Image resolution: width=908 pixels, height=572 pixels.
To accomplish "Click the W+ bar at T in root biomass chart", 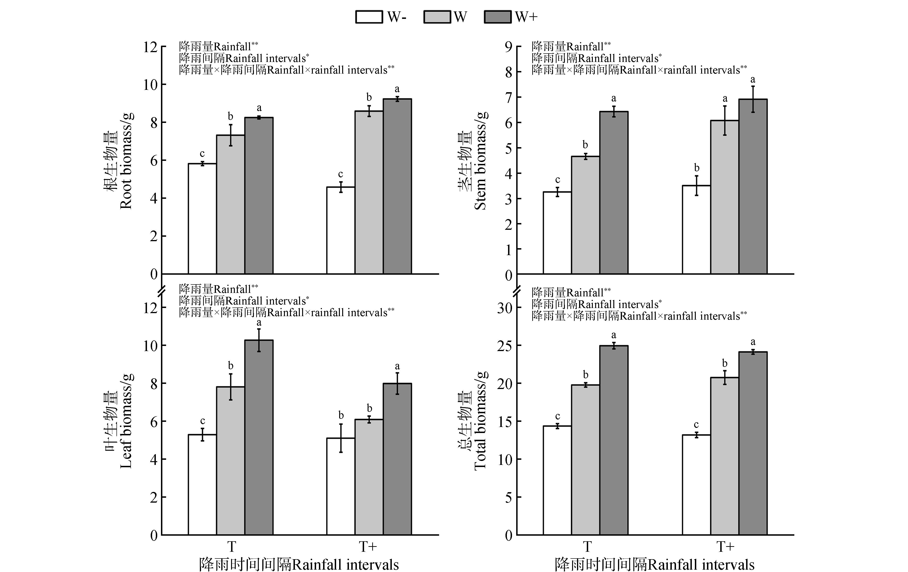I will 259,196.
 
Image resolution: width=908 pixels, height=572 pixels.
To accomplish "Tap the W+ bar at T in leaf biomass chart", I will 259,437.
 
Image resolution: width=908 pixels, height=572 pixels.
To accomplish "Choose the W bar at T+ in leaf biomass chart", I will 369,477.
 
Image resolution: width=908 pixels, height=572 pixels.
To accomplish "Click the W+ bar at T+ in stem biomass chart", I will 753,186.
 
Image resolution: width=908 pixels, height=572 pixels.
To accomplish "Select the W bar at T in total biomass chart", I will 585,460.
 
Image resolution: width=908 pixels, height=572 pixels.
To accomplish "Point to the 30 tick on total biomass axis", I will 505,308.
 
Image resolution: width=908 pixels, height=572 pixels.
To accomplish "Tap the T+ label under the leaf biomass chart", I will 368,546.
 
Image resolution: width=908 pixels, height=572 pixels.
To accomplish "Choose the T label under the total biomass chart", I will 587,546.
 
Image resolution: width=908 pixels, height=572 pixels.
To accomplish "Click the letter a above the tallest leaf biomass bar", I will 259,323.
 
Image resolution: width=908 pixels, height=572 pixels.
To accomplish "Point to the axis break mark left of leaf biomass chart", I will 162,291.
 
